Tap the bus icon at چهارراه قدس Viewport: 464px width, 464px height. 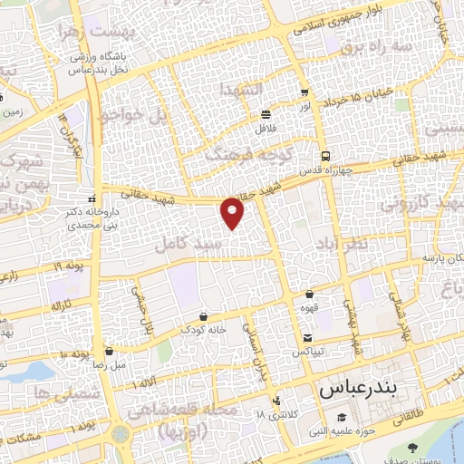point(325,155)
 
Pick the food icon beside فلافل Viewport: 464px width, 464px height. point(266,115)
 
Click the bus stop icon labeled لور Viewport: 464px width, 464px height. point(304,92)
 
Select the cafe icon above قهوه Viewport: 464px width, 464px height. point(310,294)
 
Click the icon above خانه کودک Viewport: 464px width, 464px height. point(202,316)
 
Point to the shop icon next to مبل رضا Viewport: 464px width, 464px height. point(110,351)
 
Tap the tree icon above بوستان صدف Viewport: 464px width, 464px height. point(414,448)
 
